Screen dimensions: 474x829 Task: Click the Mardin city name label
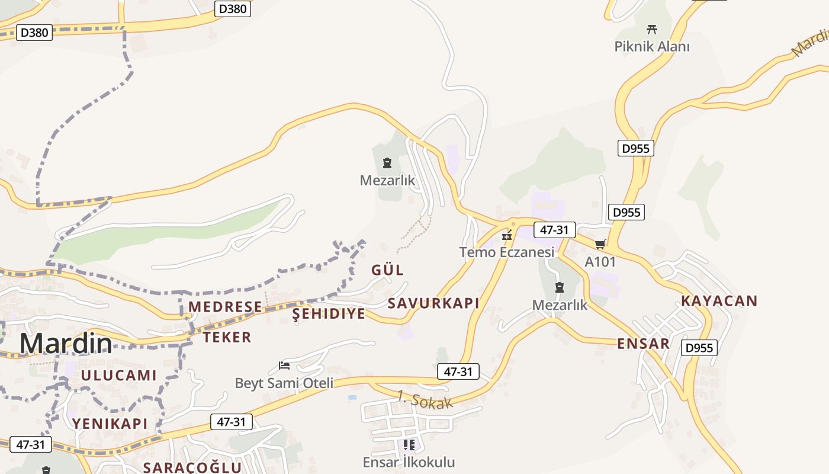tap(66, 343)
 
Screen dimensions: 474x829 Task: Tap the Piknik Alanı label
tap(652, 46)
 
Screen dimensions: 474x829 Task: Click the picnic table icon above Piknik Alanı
tap(652, 28)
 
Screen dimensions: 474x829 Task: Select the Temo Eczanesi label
tap(507, 252)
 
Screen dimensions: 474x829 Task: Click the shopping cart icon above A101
tap(600, 244)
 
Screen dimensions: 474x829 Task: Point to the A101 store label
tap(600, 261)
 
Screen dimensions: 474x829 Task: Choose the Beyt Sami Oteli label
tap(284, 383)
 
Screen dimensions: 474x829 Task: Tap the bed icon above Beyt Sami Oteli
tap(284, 365)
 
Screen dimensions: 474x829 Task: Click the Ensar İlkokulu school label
tap(409, 462)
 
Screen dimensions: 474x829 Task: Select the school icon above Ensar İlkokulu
tap(409, 444)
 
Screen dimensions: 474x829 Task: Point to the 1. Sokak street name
tap(425, 400)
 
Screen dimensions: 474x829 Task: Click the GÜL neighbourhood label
tap(387, 270)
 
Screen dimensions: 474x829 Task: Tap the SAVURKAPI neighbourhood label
tap(433, 303)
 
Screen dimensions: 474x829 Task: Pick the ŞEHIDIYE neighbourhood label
tap(329, 313)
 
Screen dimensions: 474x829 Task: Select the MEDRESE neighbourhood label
tap(225, 306)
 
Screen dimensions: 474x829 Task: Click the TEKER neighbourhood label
tap(227, 337)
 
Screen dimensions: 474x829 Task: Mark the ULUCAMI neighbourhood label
tap(119, 375)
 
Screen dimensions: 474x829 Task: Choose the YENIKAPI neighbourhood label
tap(110, 423)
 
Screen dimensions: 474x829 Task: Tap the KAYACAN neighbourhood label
tap(719, 300)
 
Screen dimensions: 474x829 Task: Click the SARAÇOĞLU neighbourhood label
tap(192, 467)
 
